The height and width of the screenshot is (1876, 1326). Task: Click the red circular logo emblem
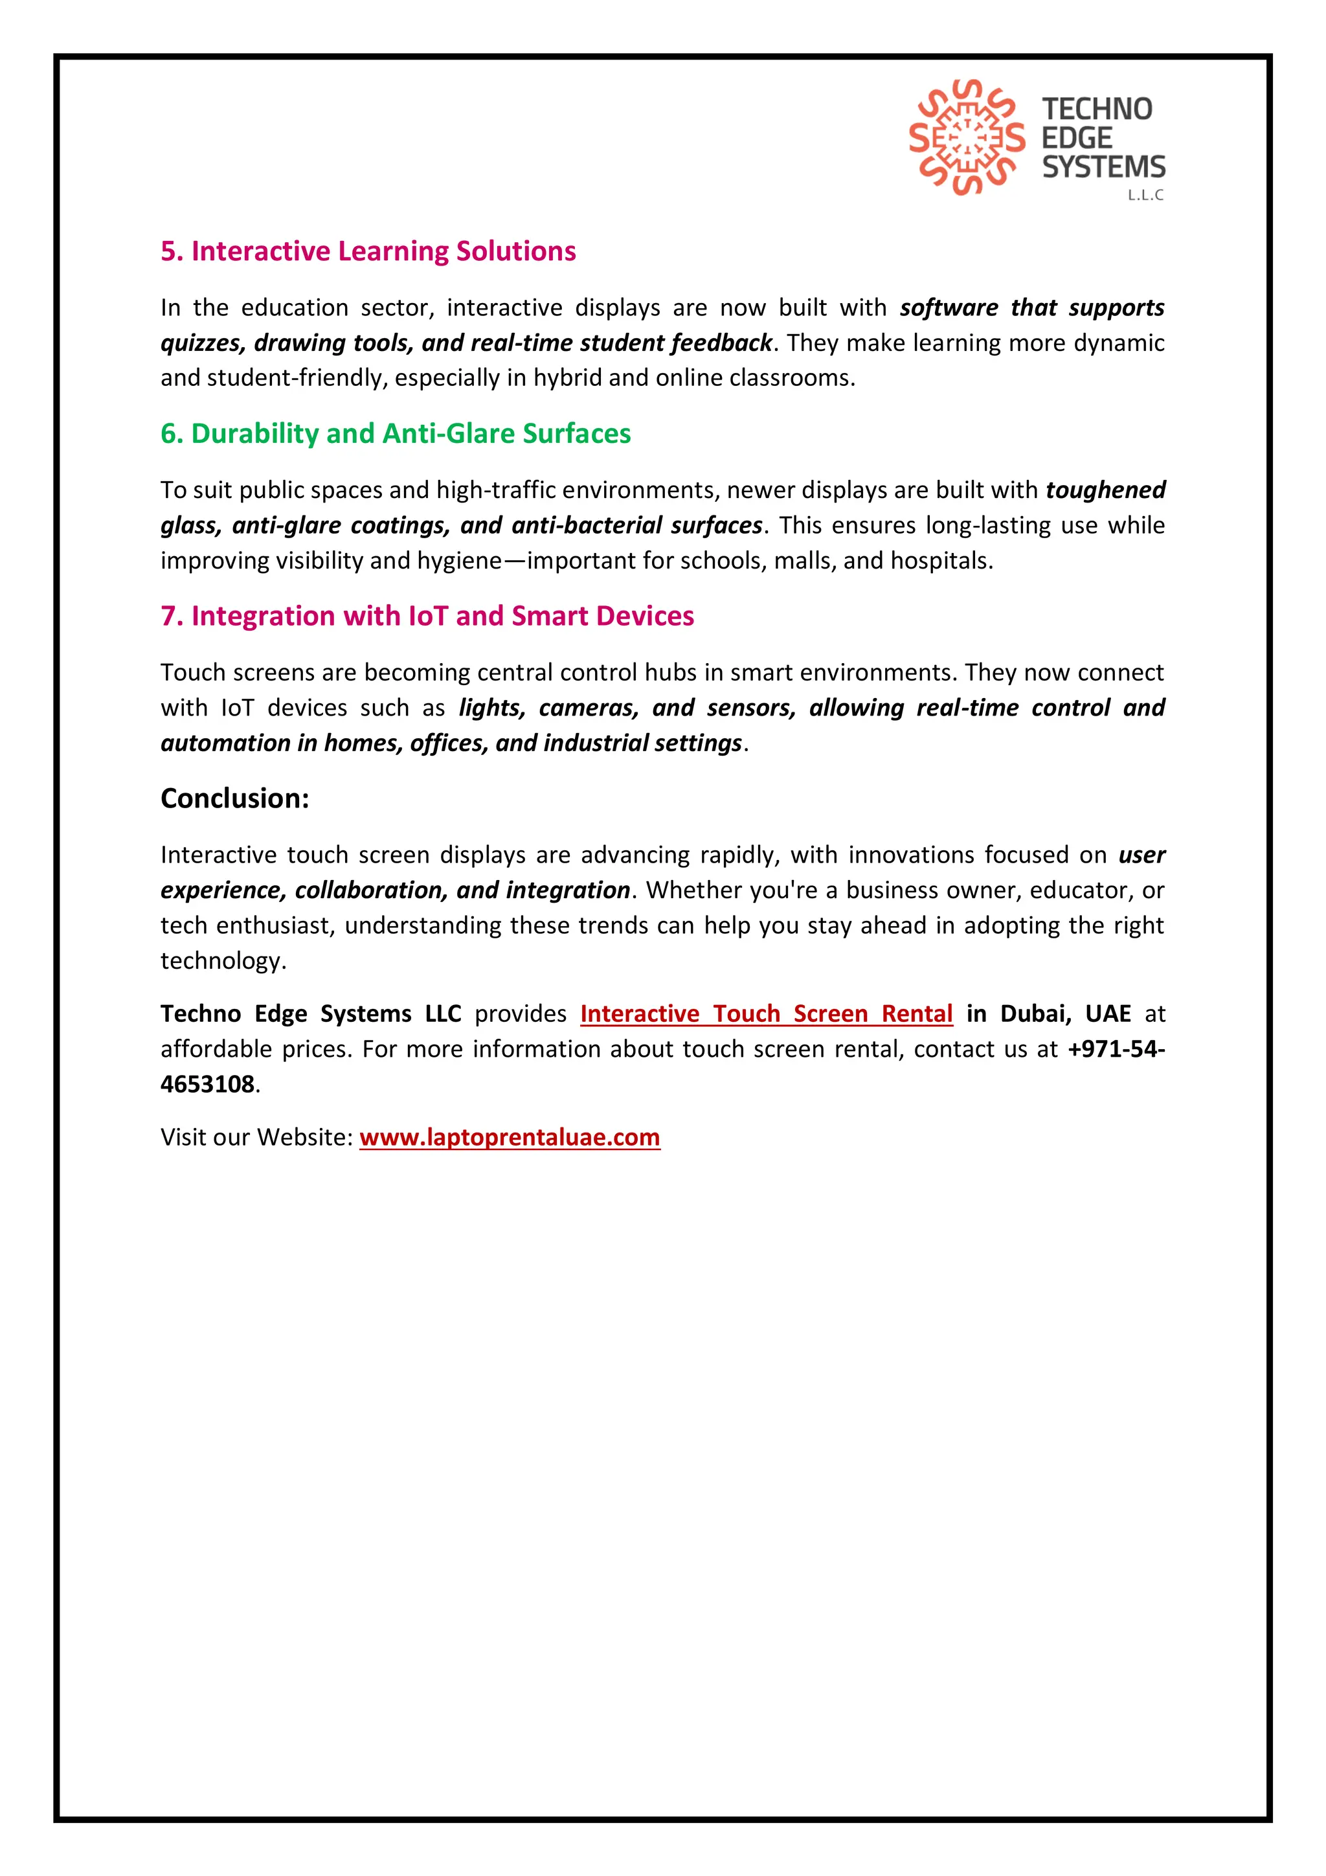point(967,137)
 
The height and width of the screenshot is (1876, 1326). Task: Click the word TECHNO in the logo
point(1096,109)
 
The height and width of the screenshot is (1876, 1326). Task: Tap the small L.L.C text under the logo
point(1145,196)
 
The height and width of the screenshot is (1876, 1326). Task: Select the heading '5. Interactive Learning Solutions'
point(368,251)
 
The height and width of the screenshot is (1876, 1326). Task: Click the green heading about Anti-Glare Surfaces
point(396,433)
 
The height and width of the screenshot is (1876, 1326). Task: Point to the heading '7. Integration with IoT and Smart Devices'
point(427,615)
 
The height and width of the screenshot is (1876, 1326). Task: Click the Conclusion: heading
point(234,798)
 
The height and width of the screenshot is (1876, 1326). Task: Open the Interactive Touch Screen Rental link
point(767,1013)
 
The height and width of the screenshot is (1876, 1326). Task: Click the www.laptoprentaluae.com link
point(509,1136)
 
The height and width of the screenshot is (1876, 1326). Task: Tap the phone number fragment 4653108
point(208,1084)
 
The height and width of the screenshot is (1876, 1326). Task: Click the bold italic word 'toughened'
point(1105,490)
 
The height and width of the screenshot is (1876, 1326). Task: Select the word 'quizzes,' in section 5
point(203,343)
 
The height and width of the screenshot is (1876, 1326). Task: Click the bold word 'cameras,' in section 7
point(589,708)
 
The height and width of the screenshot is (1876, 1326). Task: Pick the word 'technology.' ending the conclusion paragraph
point(223,960)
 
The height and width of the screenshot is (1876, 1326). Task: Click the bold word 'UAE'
point(1107,1013)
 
